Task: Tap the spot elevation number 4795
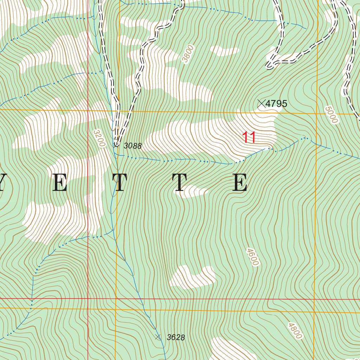tap(276, 104)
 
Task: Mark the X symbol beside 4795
tap(261, 103)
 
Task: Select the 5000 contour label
tap(331, 115)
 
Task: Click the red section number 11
tap(249, 137)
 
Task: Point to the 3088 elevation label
tap(133, 146)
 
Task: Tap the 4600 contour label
tap(252, 257)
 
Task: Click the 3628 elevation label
tap(176, 337)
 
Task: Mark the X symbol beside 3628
tap(158, 337)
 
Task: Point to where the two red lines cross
tap(88, 298)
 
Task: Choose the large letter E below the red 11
tap(240, 183)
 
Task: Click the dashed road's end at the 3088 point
tap(116, 144)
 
